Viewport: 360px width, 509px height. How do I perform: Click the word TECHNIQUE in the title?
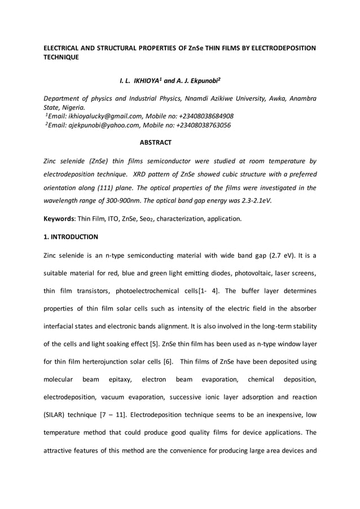tap(61, 58)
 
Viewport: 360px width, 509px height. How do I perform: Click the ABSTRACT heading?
tap(156, 142)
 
